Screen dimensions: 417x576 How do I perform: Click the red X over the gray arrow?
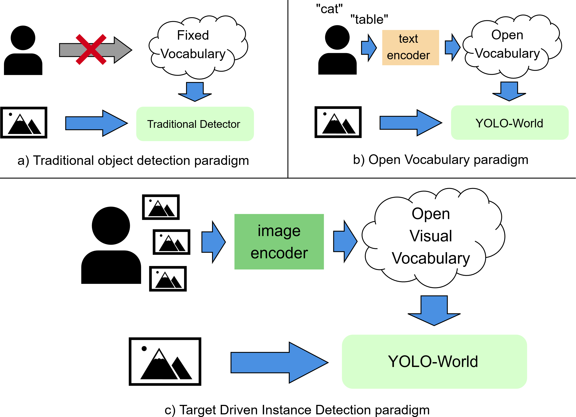click(91, 50)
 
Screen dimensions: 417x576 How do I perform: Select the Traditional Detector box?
click(195, 124)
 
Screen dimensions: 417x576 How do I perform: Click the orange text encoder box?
click(410, 47)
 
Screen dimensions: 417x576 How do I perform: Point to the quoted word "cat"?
click(329, 9)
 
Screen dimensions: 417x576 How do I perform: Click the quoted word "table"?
click(369, 20)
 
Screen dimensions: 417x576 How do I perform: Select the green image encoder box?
click(279, 242)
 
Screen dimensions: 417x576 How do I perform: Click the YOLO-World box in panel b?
click(509, 123)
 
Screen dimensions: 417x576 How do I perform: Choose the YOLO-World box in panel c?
click(434, 361)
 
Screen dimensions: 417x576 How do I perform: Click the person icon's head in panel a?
click(23, 38)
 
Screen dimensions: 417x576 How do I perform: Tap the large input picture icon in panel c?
click(165, 361)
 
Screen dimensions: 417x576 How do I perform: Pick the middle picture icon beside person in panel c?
click(171, 242)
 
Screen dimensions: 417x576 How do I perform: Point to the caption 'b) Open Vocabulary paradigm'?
click(441, 160)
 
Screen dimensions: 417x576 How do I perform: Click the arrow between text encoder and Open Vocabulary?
click(452, 47)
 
